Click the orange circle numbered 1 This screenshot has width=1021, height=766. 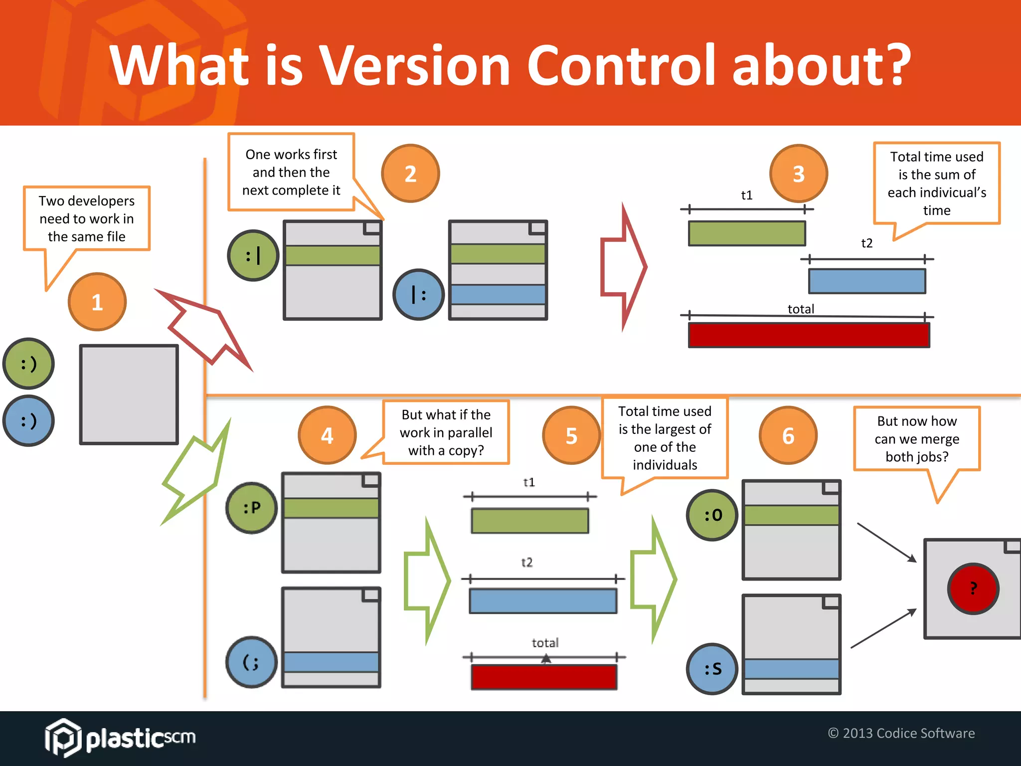pyautogui.click(x=97, y=302)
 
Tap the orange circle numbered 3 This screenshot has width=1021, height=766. pyautogui.click(x=798, y=174)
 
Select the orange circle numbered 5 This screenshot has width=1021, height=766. pyautogui.click(x=571, y=435)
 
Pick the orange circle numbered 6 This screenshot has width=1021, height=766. pyautogui.click(x=788, y=435)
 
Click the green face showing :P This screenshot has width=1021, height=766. pyautogui.click(x=252, y=508)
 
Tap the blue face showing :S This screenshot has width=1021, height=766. pyautogui.click(x=712, y=668)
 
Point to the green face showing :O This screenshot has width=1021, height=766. pyautogui.click(x=712, y=515)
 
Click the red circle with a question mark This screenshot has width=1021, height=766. pyautogui.click(x=973, y=588)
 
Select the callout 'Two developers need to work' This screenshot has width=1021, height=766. pyautogui.click(x=87, y=218)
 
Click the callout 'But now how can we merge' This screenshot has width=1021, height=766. pyautogui.click(x=916, y=439)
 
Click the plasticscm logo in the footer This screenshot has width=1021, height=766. pyautogui.click(x=120, y=737)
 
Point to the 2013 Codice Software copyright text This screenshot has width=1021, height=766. pyautogui.click(x=901, y=733)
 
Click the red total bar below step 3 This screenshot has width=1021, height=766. pyautogui.click(x=809, y=335)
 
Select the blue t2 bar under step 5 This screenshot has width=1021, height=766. pyautogui.click(x=543, y=601)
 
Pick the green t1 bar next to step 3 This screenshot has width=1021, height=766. pyautogui.click(x=746, y=233)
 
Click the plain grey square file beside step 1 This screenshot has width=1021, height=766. pyautogui.click(x=129, y=394)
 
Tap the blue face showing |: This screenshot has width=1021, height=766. pyautogui.click(x=418, y=295)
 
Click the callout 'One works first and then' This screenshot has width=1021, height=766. pyautogui.click(x=291, y=172)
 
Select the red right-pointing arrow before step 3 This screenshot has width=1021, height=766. pyautogui.click(x=623, y=267)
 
